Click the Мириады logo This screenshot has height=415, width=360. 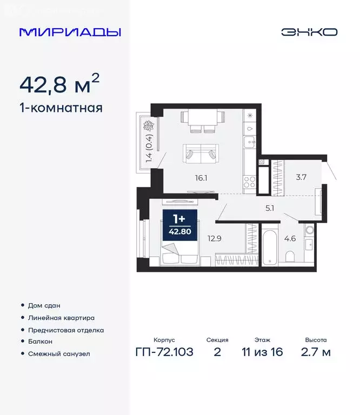[70, 32]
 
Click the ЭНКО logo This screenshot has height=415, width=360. [309, 32]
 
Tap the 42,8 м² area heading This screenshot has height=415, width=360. [59, 84]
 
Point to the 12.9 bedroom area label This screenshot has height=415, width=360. [215, 236]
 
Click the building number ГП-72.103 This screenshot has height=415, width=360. [164, 353]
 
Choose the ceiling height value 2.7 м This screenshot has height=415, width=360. [316, 353]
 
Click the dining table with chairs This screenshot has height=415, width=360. [202, 120]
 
